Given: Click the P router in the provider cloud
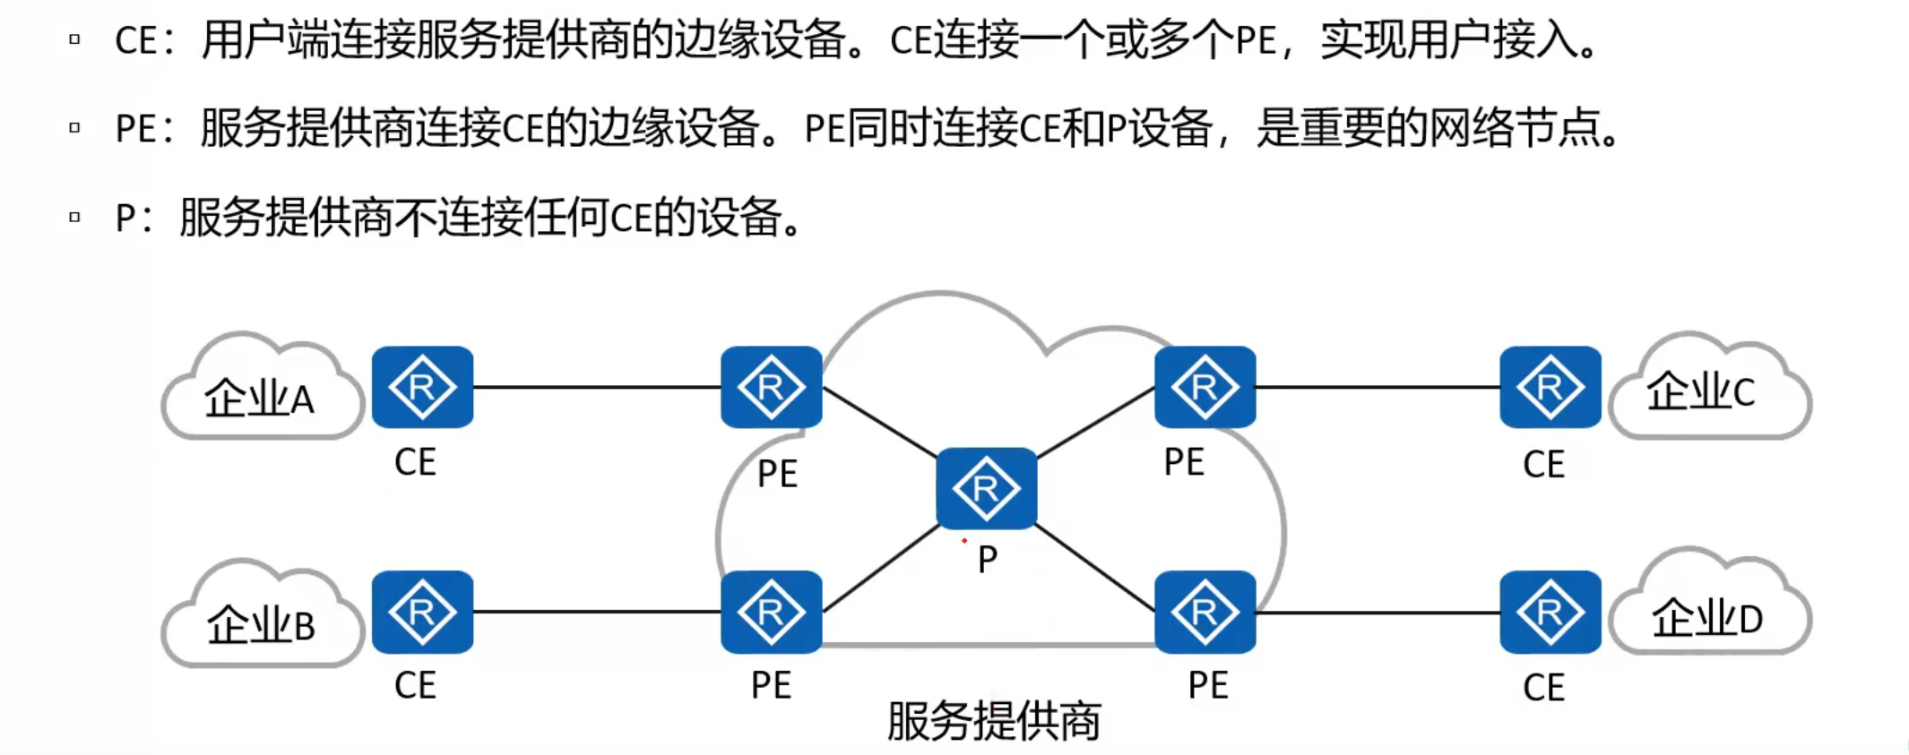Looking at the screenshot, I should tap(986, 488).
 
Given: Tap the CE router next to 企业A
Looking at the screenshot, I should tap(422, 387).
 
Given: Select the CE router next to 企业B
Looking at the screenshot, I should tap(422, 612).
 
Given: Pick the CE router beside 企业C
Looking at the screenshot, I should tap(1550, 387).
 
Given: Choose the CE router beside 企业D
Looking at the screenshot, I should tap(1550, 612).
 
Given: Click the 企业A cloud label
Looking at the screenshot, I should tap(260, 399).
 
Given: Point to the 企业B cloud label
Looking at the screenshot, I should tap(261, 624).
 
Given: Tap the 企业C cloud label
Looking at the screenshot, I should tap(1700, 391).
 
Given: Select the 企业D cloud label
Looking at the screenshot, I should tap(1706, 618).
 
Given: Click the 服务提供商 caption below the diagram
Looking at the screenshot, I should tap(993, 721).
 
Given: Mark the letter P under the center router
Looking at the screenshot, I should tap(988, 560).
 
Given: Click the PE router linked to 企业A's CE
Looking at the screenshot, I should tap(771, 387).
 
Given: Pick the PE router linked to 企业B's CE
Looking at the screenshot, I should tap(771, 612).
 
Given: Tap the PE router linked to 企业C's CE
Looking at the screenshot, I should tap(1205, 387).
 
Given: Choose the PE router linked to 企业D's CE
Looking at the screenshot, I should tap(1205, 612).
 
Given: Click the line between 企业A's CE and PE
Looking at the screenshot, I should tap(597, 387).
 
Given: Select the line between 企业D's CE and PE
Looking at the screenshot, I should tap(1378, 613).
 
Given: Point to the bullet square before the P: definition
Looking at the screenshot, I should tap(74, 217).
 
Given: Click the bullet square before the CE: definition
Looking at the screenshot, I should tap(74, 39).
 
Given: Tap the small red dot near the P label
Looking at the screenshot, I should tap(964, 541).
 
